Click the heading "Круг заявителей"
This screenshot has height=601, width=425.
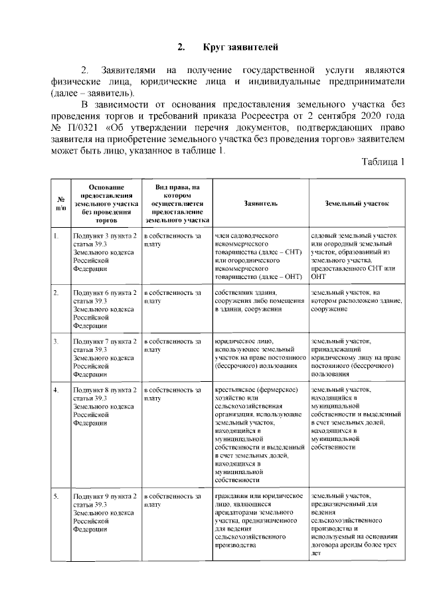238,47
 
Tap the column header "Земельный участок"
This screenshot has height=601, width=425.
357,204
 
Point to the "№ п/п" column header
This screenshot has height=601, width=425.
60,204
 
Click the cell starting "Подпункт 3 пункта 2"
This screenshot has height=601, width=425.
106,252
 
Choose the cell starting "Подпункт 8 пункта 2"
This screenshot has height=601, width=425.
106,405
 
